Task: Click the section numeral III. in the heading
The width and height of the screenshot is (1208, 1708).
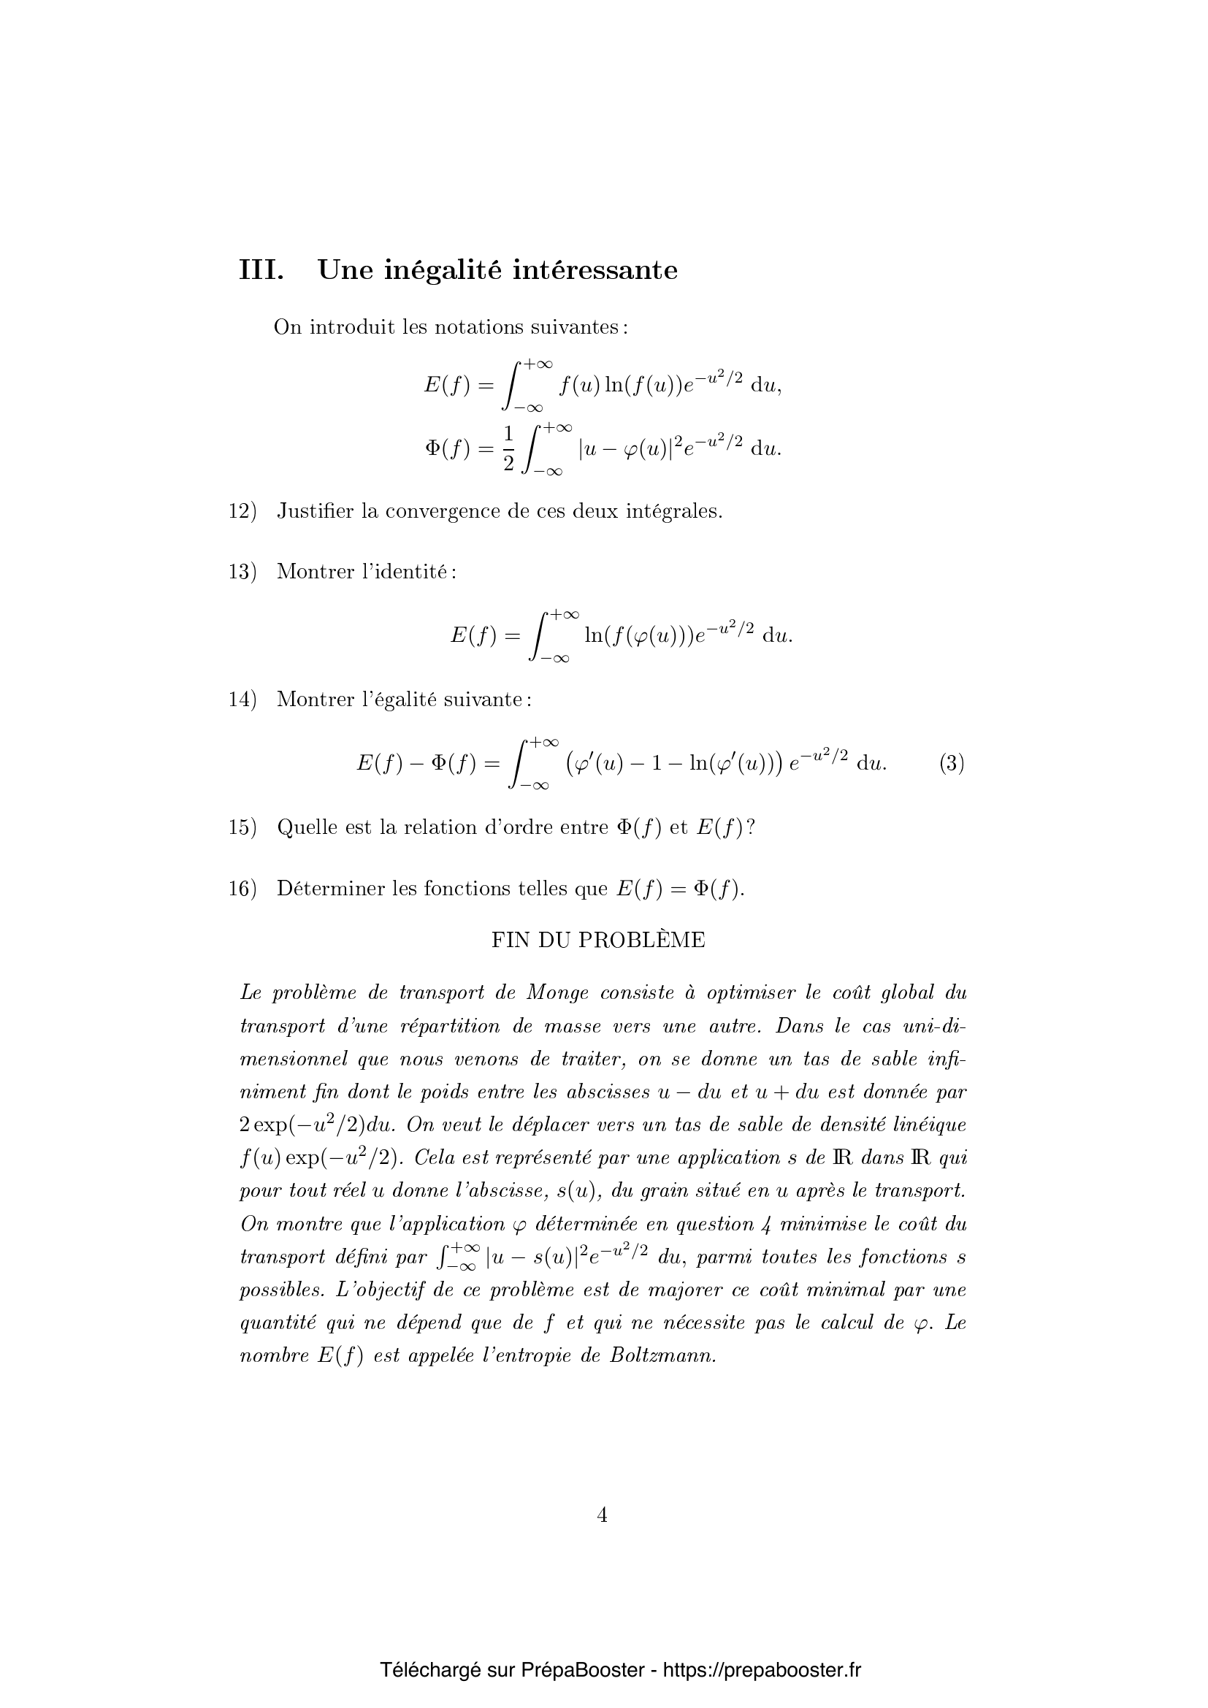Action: coord(260,269)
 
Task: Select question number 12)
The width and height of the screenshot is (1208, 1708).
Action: coord(242,512)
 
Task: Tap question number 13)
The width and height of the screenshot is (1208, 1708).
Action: coord(242,572)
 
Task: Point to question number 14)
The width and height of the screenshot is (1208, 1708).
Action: coord(242,700)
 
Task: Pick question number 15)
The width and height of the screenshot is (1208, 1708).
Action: coord(242,827)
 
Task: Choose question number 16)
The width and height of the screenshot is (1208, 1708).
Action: coord(242,889)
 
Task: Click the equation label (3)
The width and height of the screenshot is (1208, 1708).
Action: coord(952,764)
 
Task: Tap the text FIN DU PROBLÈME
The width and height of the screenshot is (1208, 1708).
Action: coord(598,941)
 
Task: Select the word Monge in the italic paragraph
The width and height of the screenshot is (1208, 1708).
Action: coord(558,993)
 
